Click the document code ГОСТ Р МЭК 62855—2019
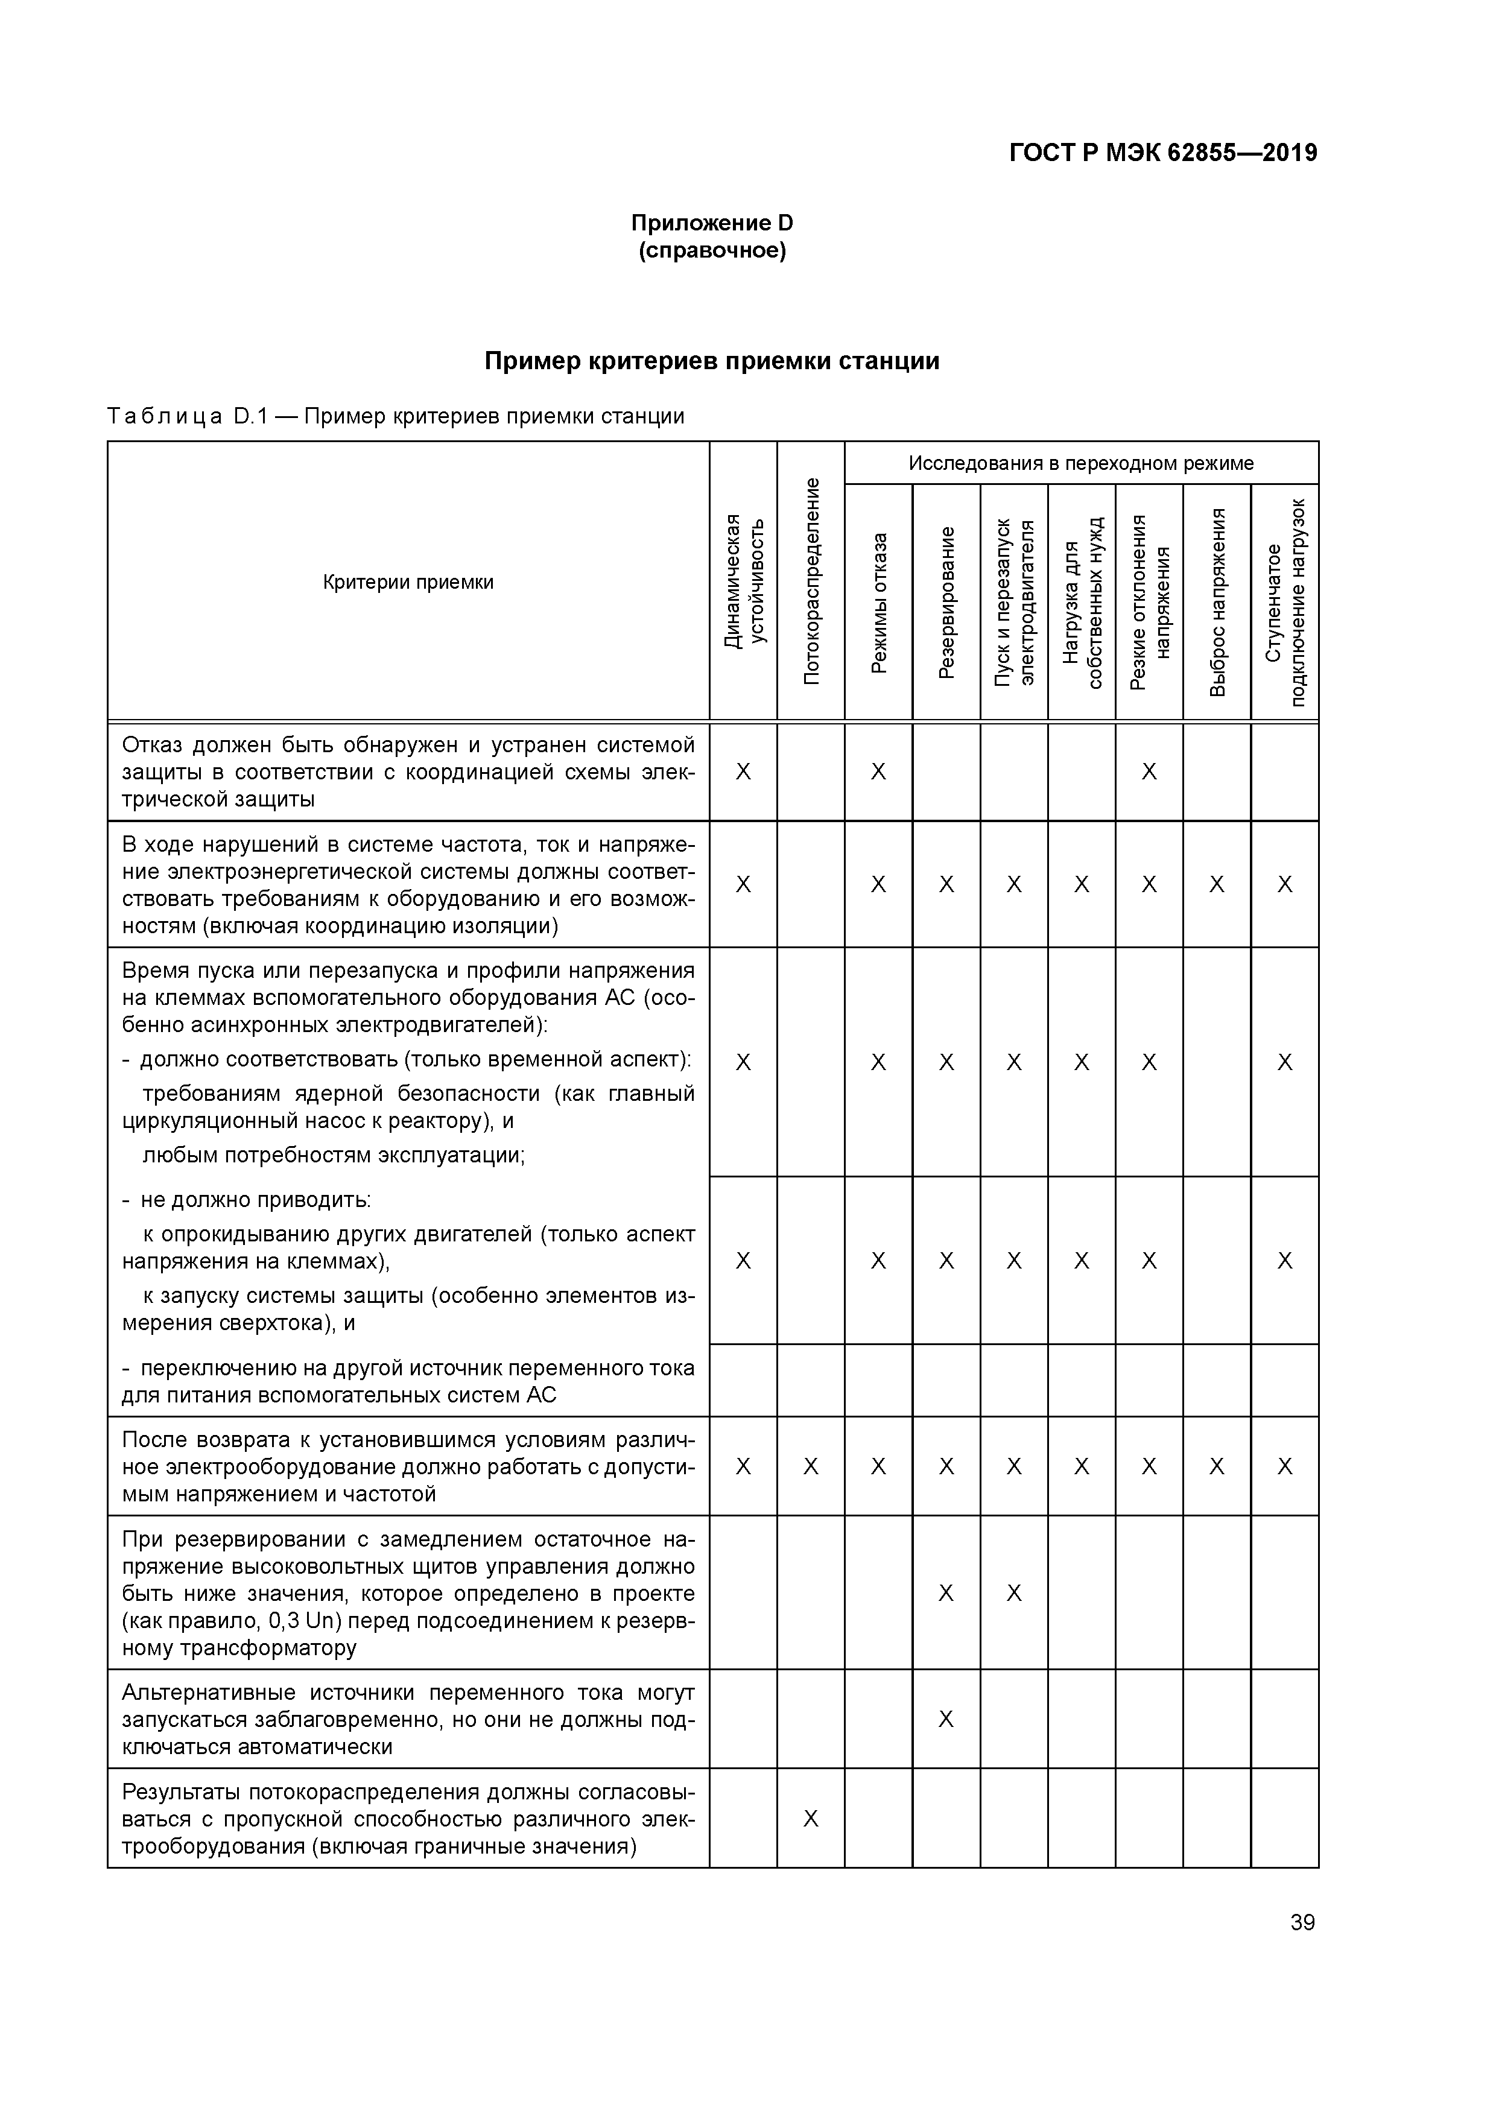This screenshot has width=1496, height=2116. click(1163, 153)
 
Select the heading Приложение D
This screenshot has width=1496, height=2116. click(712, 223)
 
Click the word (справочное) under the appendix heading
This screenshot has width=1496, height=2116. click(712, 251)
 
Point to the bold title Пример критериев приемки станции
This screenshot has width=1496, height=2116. click(712, 361)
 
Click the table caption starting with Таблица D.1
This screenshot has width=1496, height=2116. click(396, 417)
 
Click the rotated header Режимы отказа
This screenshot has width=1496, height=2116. click(878, 604)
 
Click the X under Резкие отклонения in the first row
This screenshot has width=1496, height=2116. click(1149, 772)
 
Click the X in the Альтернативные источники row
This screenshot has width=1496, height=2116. click(946, 1720)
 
